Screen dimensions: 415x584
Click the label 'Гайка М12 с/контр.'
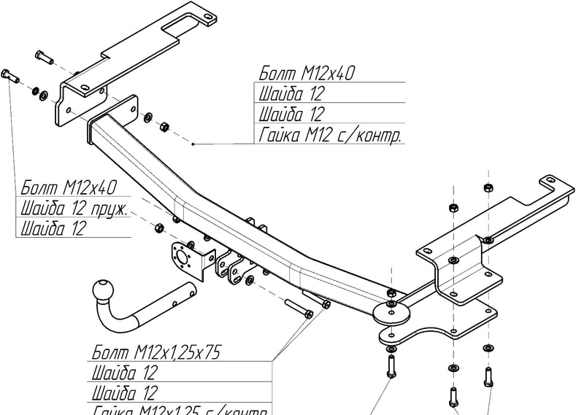tap(331, 135)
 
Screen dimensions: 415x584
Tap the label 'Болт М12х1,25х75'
tap(156, 353)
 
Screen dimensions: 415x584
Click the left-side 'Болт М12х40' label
tap(69, 187)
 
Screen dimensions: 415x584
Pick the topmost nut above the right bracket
tap(488, 188)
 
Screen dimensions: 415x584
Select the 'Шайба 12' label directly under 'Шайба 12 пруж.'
tap(54, 228)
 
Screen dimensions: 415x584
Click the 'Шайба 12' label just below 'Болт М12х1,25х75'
tap(124, 373)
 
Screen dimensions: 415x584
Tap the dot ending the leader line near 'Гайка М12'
tap(193, 144)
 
